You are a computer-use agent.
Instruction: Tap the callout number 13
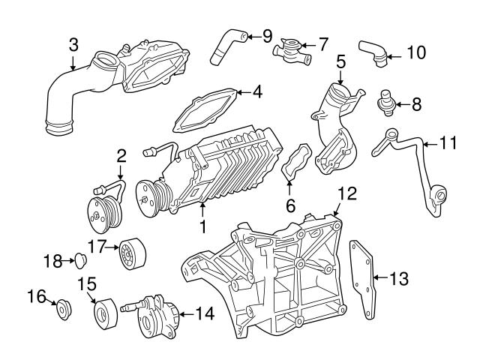coord(399,278)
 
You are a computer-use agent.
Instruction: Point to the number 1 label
coord(201,225)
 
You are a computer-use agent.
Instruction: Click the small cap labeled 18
coord(78,260)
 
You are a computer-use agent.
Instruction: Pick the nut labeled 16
coord(64,307)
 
